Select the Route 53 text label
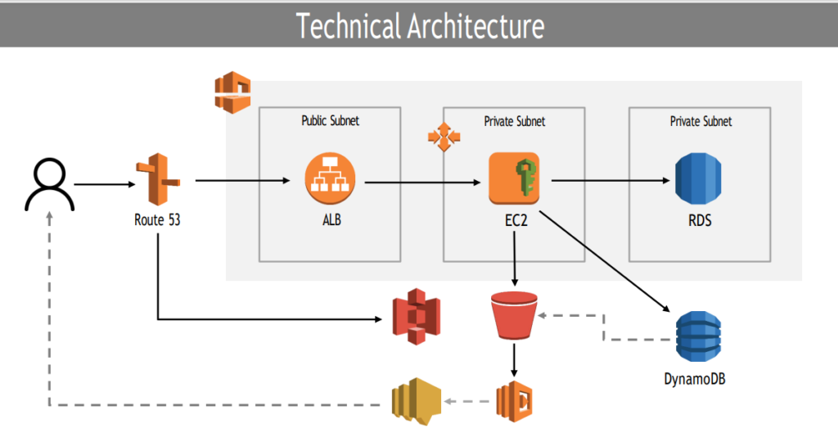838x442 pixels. tap(157, 219)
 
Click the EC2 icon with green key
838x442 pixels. tap(514, 178)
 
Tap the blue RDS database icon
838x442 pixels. tap(698, 178)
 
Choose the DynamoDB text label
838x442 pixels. tap(698, 378)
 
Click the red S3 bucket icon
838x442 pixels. tap(514, 315)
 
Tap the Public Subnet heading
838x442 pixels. tap(330, 121)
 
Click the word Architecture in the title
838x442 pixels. tap(475, 26)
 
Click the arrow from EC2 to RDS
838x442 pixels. tap(610, 180)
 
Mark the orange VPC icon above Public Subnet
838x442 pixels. tap(232, 92)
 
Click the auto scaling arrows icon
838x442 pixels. tap(442, 138)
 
